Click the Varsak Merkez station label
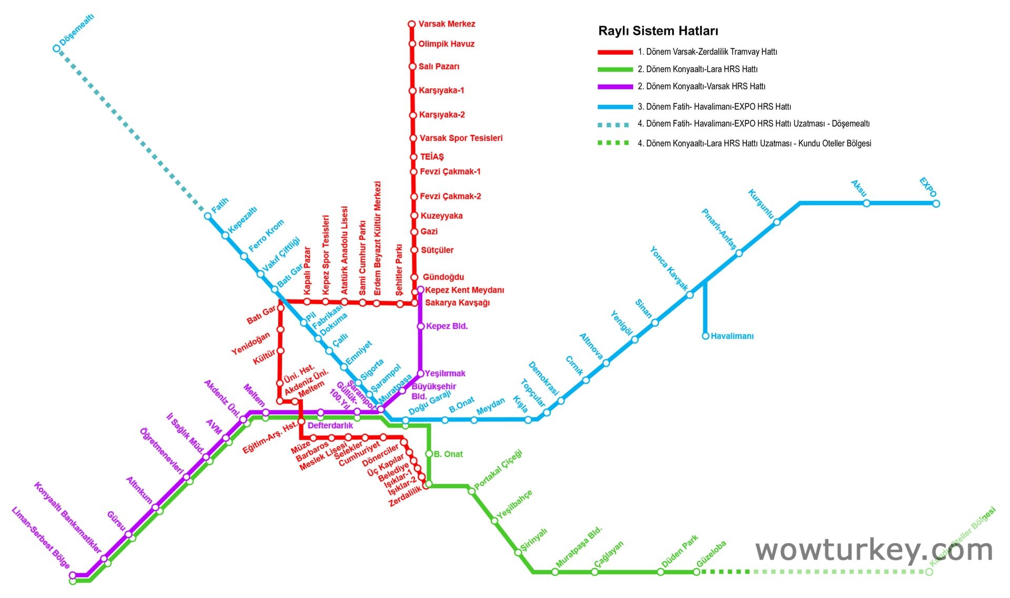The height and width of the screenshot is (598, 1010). [446, 24]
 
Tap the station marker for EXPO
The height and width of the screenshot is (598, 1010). [936, 204]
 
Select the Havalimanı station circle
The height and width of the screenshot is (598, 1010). [705, 336]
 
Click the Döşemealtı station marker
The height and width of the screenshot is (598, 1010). [57, 48]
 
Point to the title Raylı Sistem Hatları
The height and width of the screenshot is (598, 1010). [658, 31]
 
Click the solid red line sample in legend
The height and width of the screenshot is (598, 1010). [615, 52]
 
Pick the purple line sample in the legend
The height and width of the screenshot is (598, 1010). [615, 87]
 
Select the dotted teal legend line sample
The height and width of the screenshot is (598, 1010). [613, 125]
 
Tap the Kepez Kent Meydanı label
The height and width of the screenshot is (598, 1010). [464, 290]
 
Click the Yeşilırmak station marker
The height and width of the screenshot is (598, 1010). [420, 373]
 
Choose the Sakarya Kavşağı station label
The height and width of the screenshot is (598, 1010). [457, 303]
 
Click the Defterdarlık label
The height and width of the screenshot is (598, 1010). [330, 425]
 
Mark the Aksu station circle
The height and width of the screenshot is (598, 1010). [866, 204]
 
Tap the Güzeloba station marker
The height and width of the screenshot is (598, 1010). [696, 572]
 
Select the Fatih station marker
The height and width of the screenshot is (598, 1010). [208, 216]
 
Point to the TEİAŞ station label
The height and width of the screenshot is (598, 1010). [432, 157]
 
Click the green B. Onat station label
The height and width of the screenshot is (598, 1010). [448, 454]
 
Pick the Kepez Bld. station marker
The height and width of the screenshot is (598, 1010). [420, 327]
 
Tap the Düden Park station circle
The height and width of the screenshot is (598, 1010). [660, 572]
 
